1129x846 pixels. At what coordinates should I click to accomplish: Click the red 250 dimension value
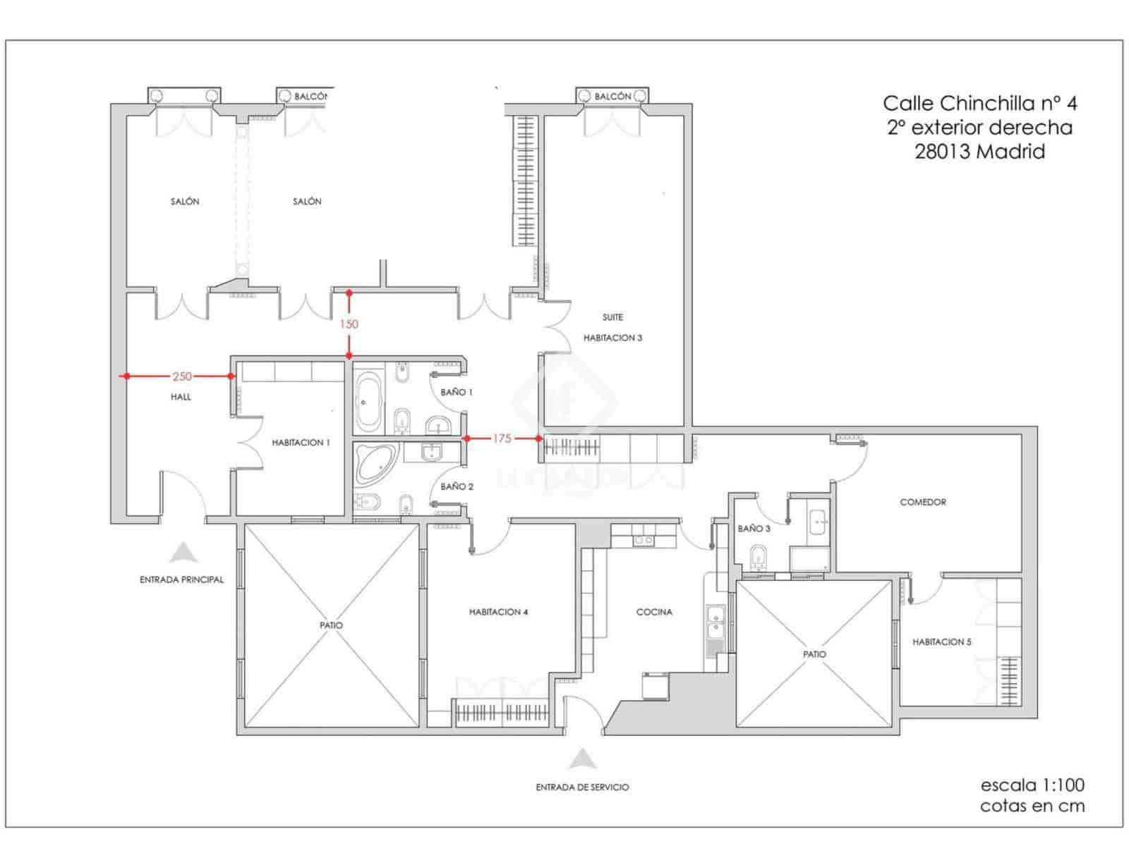click(181, 376)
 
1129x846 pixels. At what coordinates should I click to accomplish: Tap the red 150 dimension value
click(349, 324)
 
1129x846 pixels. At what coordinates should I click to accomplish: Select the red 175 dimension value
click(501, 439)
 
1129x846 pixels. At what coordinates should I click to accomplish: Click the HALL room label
click(181, 397)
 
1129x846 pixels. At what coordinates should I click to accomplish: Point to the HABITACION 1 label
click(301, 443)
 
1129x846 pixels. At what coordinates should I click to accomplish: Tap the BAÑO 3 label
click(754, 528)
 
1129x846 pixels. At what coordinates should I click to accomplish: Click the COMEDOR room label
click(922, 502)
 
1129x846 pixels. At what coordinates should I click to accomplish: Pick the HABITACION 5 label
click(941, 642)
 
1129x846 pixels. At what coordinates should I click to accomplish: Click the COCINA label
click(654, 612)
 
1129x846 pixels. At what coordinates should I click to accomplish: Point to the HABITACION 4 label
click(498, 612)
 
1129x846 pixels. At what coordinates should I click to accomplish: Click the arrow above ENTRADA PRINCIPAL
click(183, 552)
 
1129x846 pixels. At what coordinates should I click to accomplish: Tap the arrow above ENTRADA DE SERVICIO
click(582, 759)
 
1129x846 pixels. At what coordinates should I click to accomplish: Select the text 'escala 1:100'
click(1032, 785)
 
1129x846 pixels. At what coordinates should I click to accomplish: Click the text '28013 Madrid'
click(979, 152)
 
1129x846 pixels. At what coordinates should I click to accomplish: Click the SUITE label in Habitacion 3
click(612, 317)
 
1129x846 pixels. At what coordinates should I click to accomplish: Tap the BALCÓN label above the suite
click(612, 96)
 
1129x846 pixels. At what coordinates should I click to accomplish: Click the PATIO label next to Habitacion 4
click(331, 625)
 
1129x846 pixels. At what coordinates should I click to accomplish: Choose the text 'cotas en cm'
click(1032, 807)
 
